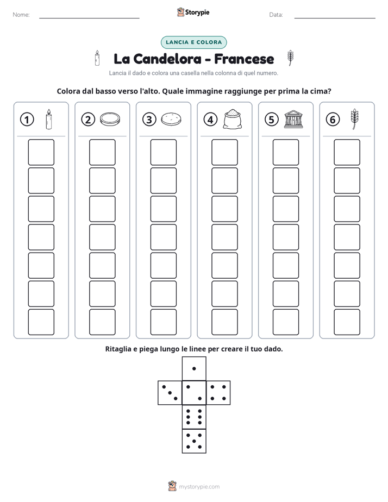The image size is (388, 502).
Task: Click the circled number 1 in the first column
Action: (x=27, y=120)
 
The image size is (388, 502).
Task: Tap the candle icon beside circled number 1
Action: (x=49, y=120)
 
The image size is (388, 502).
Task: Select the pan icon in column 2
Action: (x=110, y=120)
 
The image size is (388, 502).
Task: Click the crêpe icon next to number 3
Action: (x=171, y=120)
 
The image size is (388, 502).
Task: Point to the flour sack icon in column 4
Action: (x=233, y=120)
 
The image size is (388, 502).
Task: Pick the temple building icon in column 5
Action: (x=293, y=120)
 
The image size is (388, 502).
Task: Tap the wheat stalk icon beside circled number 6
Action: (x=354, y=120)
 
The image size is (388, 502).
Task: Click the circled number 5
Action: (x=272, y=120)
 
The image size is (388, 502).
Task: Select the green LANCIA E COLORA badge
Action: (x=193, y=42)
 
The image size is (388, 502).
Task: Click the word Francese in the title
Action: (x=244, y=59)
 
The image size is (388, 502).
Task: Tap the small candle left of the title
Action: (x=97, y=58)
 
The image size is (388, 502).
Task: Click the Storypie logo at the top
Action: (x=193, y=12)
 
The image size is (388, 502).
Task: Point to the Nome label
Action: (x=21, y=15)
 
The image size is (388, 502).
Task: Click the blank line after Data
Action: (x=335, y=18)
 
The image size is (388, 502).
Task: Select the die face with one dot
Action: (x=194, y=369)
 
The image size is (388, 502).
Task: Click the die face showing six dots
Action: (x=194, y=417)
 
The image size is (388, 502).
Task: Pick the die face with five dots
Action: (x=194, y=441)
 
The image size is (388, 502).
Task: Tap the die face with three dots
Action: (x=170, y=393)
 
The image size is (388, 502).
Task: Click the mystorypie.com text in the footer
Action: (x=199, y=487)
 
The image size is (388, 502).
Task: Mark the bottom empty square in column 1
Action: (x=41, y=322)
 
